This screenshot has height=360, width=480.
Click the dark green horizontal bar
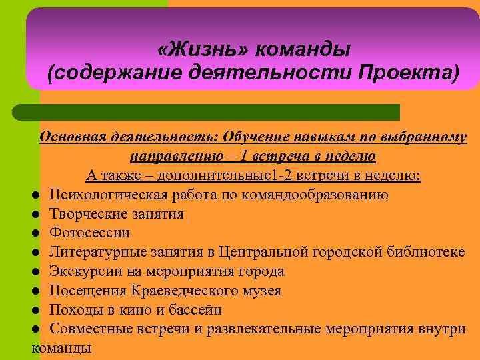pos(207,112)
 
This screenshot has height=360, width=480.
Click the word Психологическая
pos(106,195)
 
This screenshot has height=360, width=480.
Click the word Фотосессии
pos(90,233)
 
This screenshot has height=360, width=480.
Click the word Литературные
pos(97,252)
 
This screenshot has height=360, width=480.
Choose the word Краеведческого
pos(179,291)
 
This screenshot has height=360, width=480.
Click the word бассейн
pos(197,310)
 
